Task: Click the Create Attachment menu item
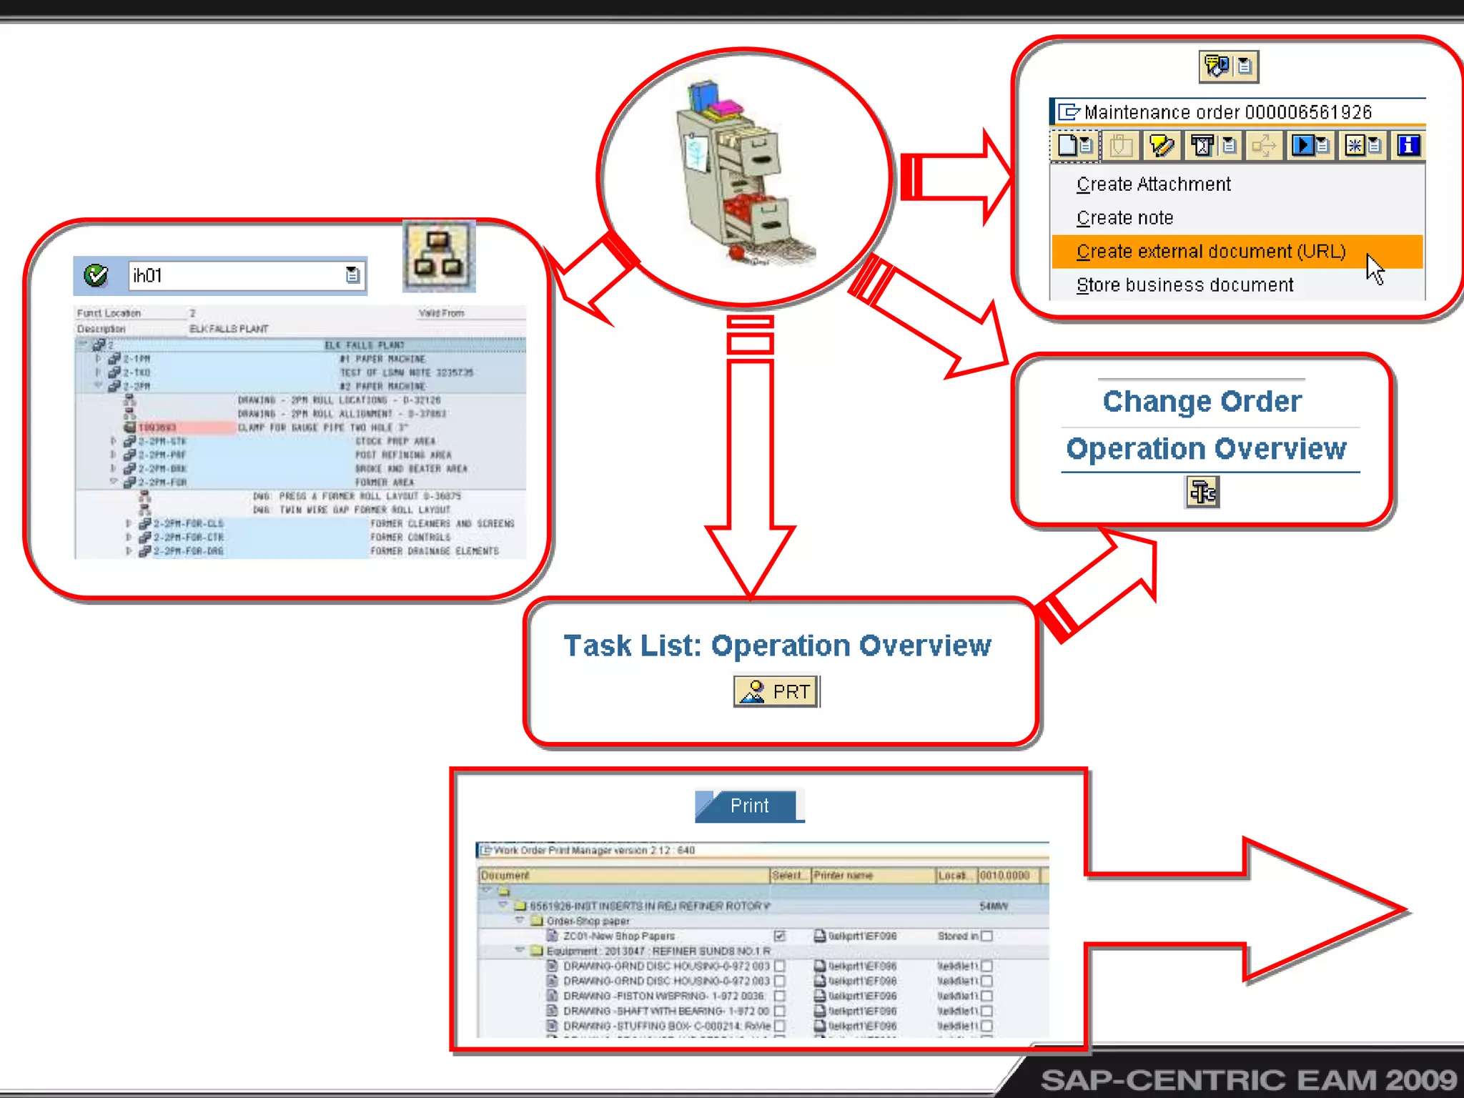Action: (1153, 184)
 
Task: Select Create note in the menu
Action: (1124, 218)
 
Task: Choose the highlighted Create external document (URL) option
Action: (1211, 252)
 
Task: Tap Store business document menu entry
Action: (1184, 285)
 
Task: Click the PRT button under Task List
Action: (776, 691)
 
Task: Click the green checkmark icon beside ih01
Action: (96, 275)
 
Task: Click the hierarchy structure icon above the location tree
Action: (439, 256)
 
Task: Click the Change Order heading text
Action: (1202, 402)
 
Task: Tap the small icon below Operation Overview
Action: (1202, 492)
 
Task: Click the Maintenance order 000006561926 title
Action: (1227, 112)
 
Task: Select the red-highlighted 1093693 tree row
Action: (157, 427)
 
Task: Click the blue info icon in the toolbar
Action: (1408, 146)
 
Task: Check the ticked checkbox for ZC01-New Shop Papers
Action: (780, 936)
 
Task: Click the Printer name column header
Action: (844, 875)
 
